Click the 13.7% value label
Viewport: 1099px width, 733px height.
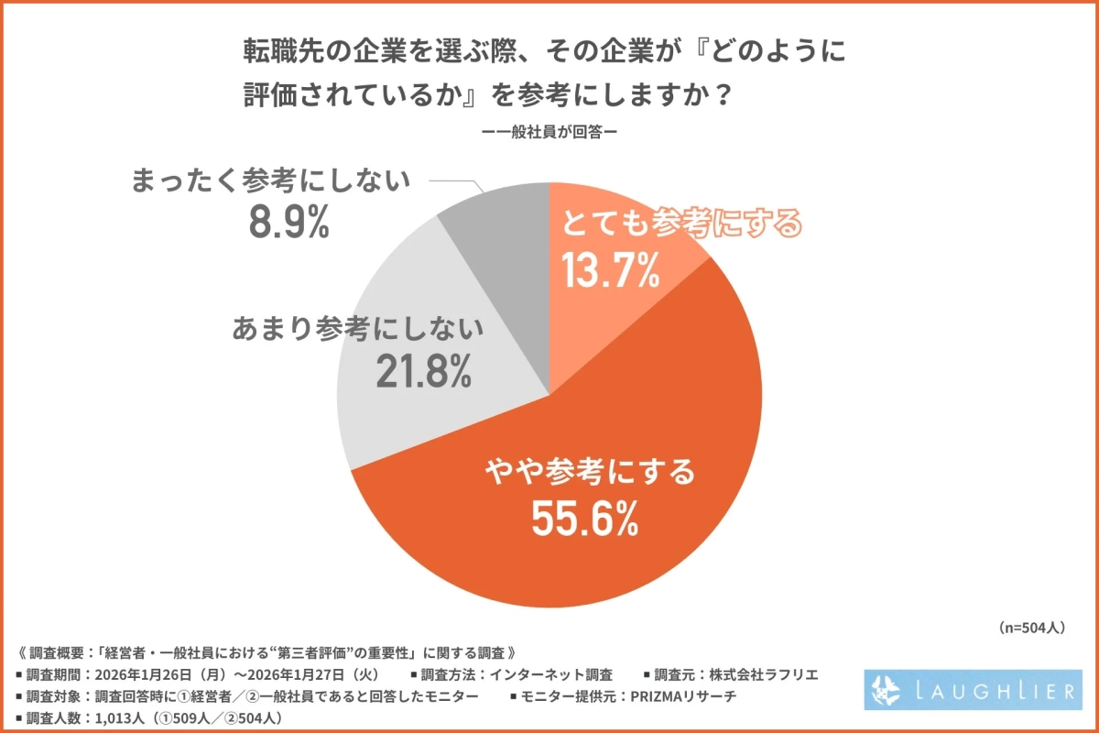click(610, 271)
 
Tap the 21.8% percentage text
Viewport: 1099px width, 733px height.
click(423, 369)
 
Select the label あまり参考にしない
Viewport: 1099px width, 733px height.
click(358, 326)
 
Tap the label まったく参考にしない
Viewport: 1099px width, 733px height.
click(270, 180)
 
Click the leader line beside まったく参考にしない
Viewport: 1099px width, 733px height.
click(458, 182)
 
